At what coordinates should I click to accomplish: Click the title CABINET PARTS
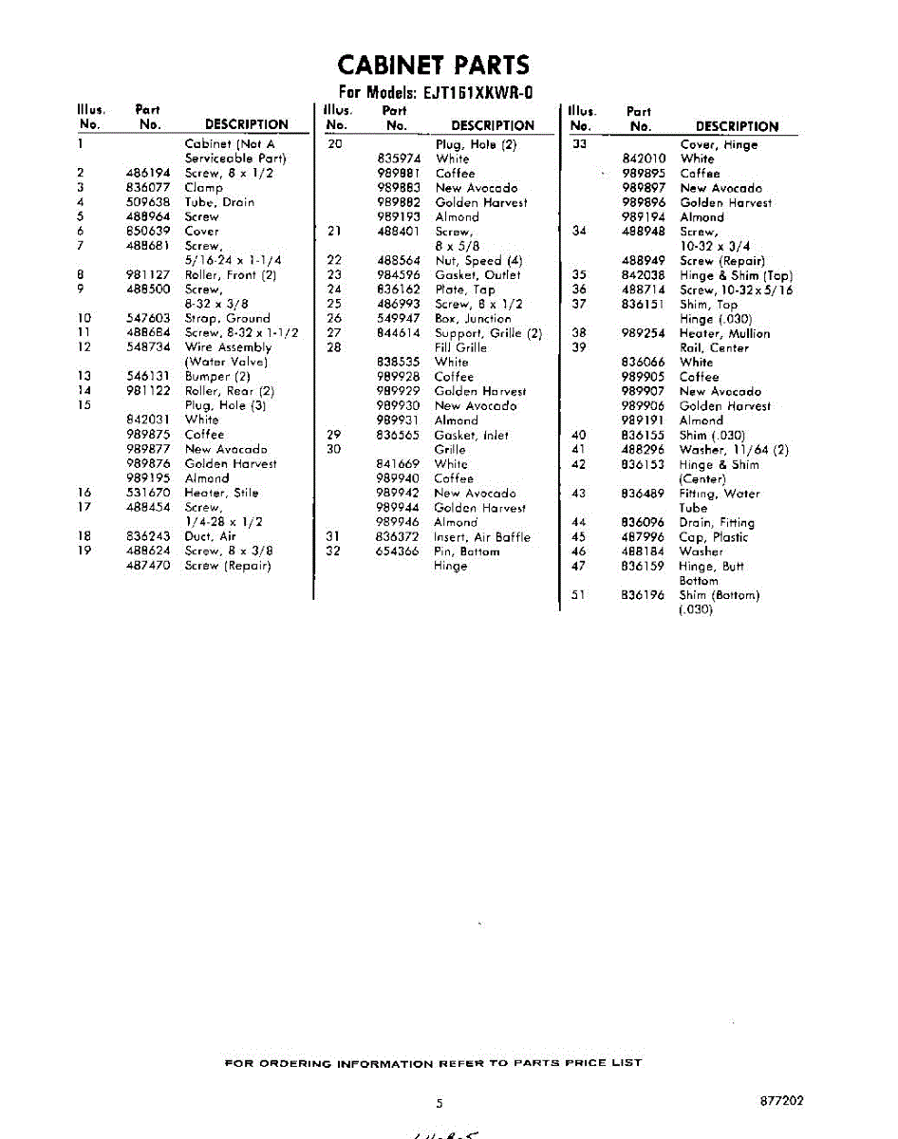434,65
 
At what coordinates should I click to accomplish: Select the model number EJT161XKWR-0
477,93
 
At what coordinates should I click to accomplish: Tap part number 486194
147,174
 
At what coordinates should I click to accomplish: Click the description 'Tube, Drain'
219,202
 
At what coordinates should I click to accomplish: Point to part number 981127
147,275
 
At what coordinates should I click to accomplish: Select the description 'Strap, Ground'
227,319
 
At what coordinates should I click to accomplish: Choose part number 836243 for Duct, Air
147,536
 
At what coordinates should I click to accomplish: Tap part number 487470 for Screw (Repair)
147,566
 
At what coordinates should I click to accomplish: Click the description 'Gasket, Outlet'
477,275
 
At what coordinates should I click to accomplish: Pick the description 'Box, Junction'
473,319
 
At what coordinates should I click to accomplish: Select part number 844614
398,333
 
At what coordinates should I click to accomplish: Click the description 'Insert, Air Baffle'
482,537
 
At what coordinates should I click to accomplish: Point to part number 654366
398,551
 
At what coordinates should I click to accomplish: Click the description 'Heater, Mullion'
724,334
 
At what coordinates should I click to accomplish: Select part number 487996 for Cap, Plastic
643,537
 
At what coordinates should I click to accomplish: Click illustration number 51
579,595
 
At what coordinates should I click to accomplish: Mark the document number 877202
782,1101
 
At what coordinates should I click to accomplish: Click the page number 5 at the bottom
440,1104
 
